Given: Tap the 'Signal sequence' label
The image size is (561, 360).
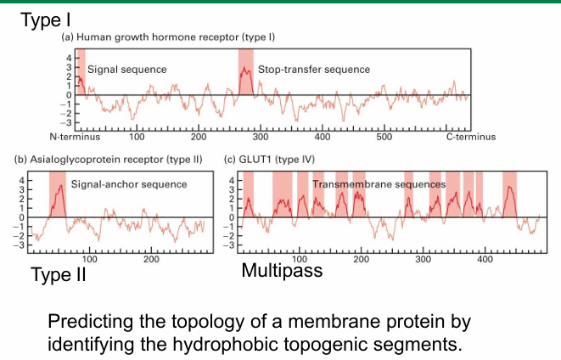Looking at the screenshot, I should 126,69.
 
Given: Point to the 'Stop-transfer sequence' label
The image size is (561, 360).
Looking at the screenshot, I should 314,69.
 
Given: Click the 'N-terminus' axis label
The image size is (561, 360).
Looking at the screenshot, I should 76,136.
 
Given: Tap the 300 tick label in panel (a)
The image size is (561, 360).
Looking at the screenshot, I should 261,136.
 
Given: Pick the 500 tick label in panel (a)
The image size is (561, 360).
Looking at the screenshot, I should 384,136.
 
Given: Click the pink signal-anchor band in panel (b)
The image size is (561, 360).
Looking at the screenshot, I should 58,195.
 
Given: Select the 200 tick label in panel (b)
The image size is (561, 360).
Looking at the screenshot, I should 151,259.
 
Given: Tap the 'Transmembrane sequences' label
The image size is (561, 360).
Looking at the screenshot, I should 379,183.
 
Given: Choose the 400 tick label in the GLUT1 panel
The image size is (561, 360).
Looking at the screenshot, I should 485,259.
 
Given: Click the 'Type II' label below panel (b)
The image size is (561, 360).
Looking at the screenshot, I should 59,275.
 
